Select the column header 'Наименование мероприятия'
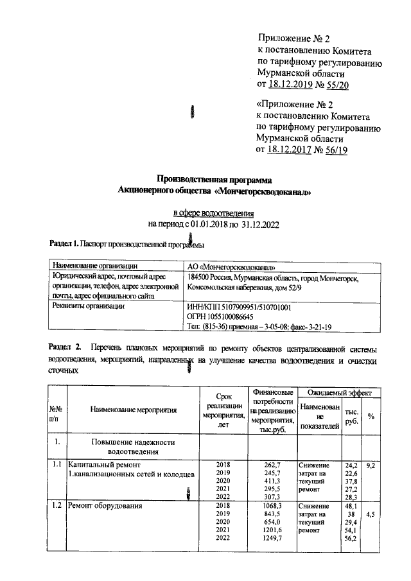(x=133, y=408)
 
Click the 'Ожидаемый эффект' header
(x=344, y=391)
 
